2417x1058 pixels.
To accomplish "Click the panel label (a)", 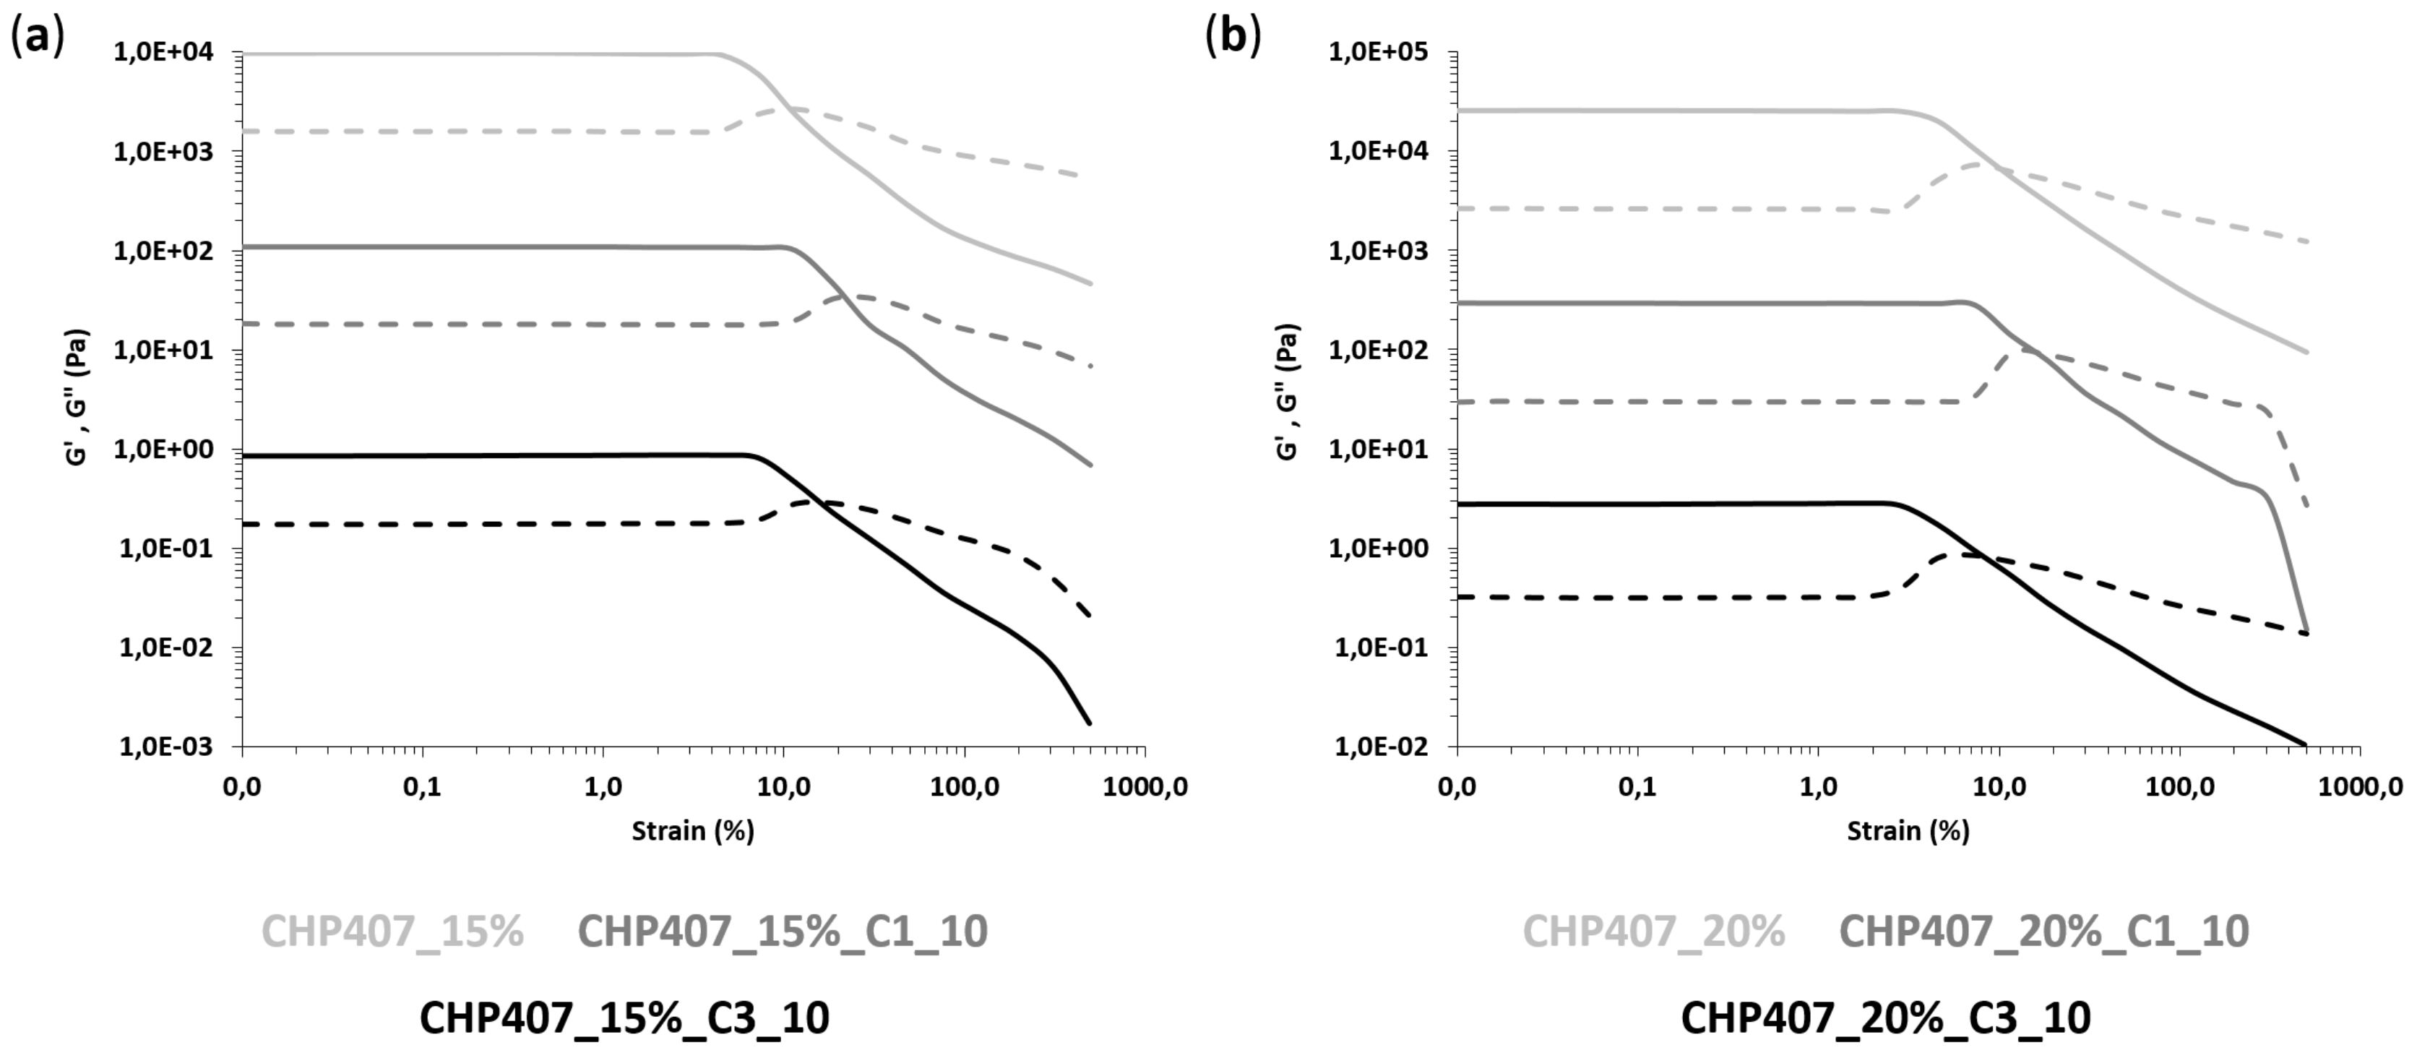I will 38,37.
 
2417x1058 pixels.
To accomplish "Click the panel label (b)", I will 1233,37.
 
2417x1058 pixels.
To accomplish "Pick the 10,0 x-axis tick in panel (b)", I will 1999,787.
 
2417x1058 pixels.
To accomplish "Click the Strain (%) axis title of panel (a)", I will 692,831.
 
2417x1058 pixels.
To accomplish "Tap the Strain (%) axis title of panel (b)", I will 1908,831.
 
